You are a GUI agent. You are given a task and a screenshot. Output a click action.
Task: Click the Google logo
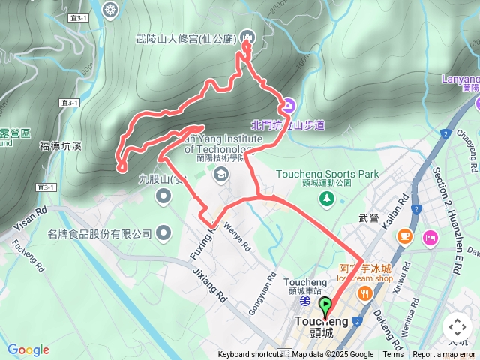coord(28,349)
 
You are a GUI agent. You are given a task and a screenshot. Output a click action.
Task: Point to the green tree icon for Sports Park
coord(327,197)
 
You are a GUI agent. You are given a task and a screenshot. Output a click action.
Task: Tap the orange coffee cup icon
coord(405,237)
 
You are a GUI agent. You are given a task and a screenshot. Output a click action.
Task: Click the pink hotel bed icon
coord(430,238)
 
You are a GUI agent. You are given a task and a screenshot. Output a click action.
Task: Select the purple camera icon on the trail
coord(289,104)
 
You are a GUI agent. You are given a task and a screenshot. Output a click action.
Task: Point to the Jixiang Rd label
coord(209,286)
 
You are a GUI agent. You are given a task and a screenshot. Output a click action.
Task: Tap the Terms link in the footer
coord(393,355)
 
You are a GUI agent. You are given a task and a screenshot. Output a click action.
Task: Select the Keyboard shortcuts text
coord(250,355)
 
